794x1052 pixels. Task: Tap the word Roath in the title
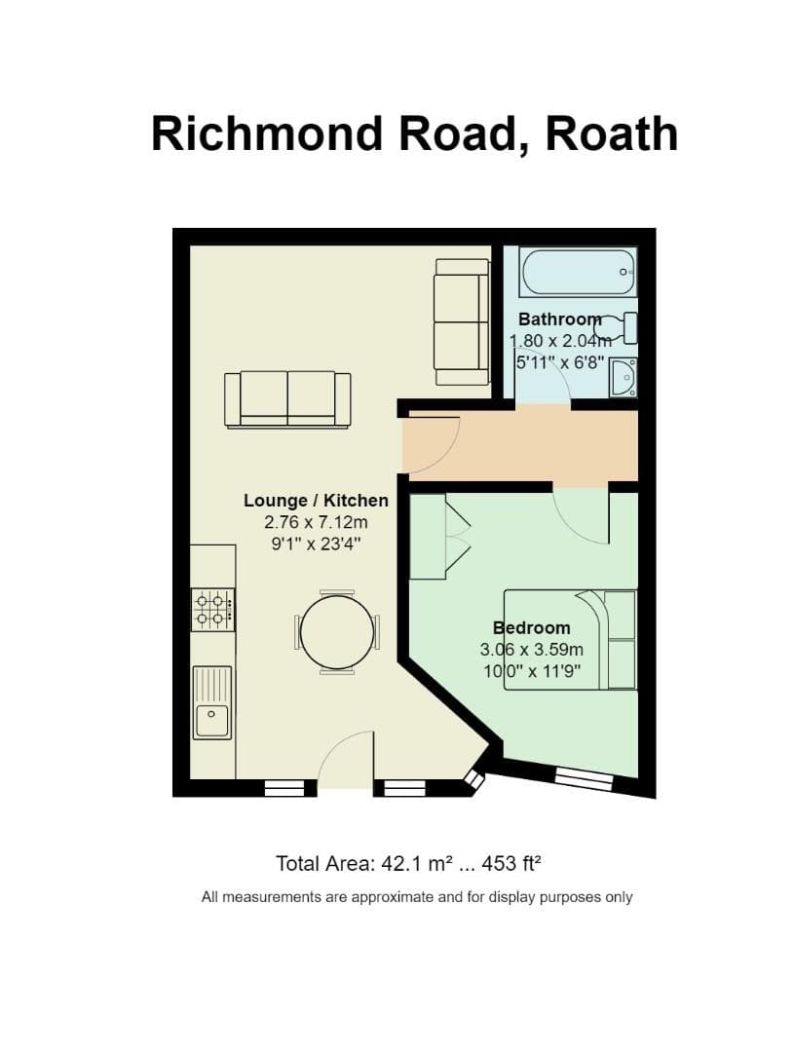(x=612, y=132)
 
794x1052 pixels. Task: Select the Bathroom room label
(x=559, y=319)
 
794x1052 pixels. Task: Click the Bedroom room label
(x=531, y=627)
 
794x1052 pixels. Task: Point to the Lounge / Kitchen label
(x=316, y=501)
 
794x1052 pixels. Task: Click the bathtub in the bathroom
(x=578, y=272)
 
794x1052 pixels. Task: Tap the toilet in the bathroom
(x=619, y=327)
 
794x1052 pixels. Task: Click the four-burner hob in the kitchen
(x=211, y=609)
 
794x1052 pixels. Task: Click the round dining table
(x=337, y=632)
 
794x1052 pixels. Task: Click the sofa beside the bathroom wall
(x=462, y=321)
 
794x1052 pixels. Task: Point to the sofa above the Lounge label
(x=287, y=399)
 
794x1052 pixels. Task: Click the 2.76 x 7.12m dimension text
(x=316, y=523)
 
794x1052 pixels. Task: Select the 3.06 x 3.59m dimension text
(x=531, y=650)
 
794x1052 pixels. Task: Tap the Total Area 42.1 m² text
(x=408, y=863)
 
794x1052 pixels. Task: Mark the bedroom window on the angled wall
(x=584, y=776)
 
